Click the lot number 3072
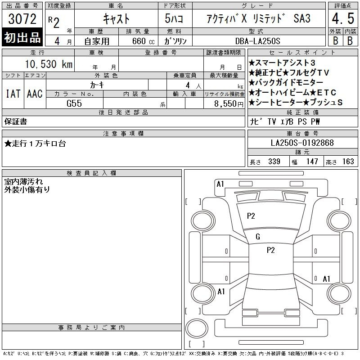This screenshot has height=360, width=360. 22,19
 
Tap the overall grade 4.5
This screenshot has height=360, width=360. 343,18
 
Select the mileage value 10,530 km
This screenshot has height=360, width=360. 49,64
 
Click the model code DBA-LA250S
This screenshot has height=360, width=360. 257,41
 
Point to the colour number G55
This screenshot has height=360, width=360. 74,103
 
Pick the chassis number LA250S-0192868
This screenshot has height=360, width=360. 302,143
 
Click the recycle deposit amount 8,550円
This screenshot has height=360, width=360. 229,104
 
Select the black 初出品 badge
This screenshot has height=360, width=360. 22,37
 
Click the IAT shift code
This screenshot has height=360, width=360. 13,94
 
